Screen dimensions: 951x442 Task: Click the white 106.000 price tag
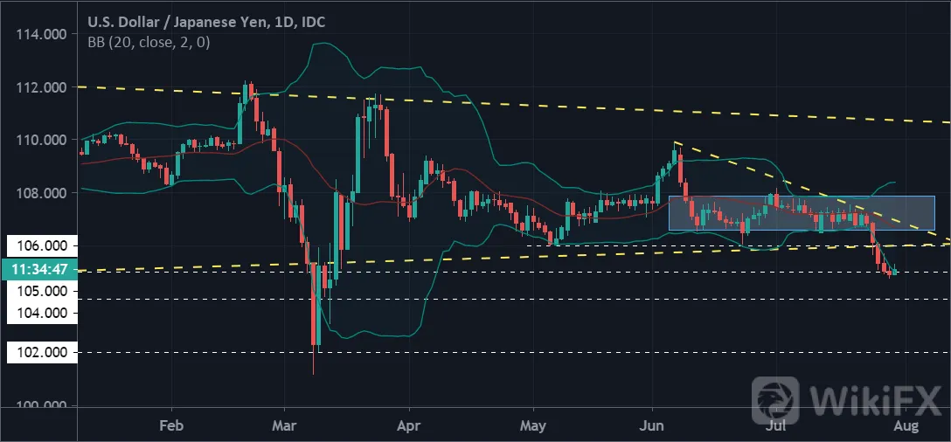point(42,245)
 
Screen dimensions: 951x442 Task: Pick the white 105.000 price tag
point(42,291)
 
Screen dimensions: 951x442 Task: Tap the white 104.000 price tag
point(42,313)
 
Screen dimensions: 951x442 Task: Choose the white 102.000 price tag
point(42,352)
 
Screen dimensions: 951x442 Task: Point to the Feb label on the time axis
point(172,425)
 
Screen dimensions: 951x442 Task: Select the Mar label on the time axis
point(284,425)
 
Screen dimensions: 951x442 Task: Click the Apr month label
point(409,425)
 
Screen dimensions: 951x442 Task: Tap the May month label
point(533,425)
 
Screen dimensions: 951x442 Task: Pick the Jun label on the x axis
point(652,425)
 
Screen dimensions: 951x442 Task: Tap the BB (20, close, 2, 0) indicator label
point(149,43)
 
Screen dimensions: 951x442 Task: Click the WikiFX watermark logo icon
point(775,399)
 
